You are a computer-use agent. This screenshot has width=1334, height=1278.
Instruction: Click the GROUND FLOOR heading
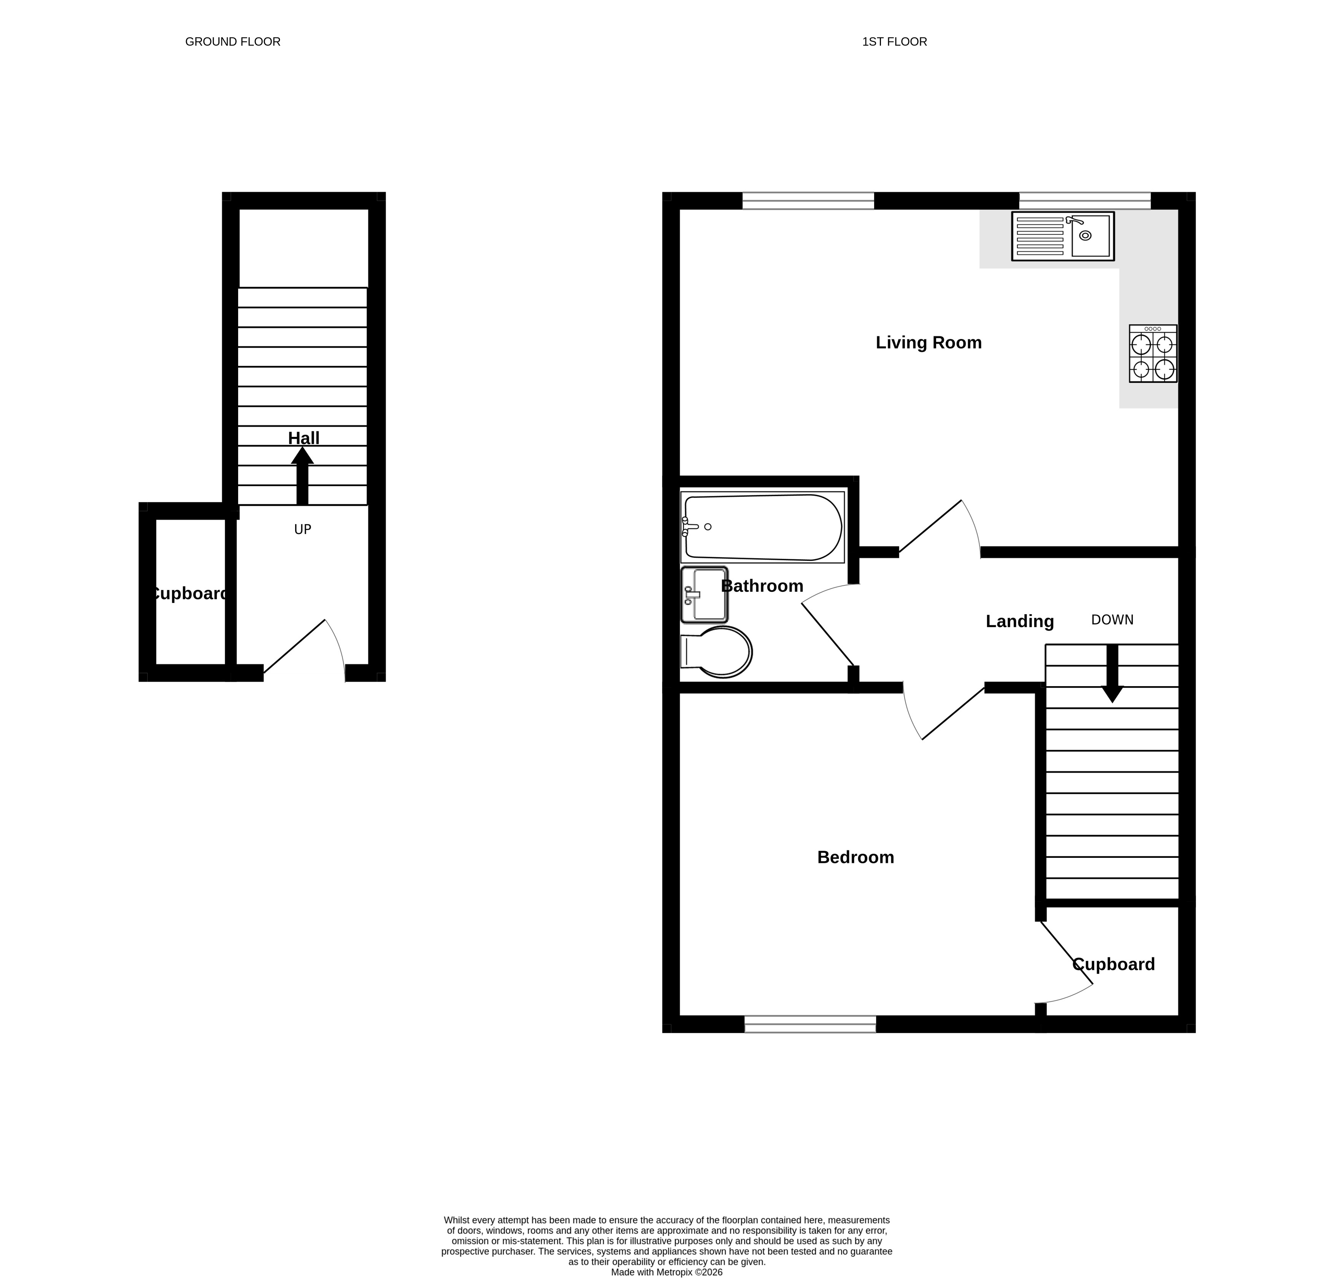tap(233, 41)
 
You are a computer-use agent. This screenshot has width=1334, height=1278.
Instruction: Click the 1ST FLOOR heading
tap(894, 41)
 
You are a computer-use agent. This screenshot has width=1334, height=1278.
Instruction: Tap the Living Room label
tap(929, 343)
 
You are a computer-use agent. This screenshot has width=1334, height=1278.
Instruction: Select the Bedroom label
tap(855, 857)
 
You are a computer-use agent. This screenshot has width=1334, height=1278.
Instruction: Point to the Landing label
tap(1019, 621)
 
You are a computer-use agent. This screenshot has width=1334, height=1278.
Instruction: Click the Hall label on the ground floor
tap(304, 438)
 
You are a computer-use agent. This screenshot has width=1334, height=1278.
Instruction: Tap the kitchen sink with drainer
tap(1062, 236)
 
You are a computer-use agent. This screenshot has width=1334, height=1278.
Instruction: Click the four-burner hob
tap(1153, 354)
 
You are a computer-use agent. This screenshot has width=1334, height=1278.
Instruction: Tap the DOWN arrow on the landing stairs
tap(1112, 673)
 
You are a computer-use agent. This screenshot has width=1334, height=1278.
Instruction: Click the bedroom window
tap(810, 1024)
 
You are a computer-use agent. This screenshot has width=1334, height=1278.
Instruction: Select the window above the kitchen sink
tap(1085, 201)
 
